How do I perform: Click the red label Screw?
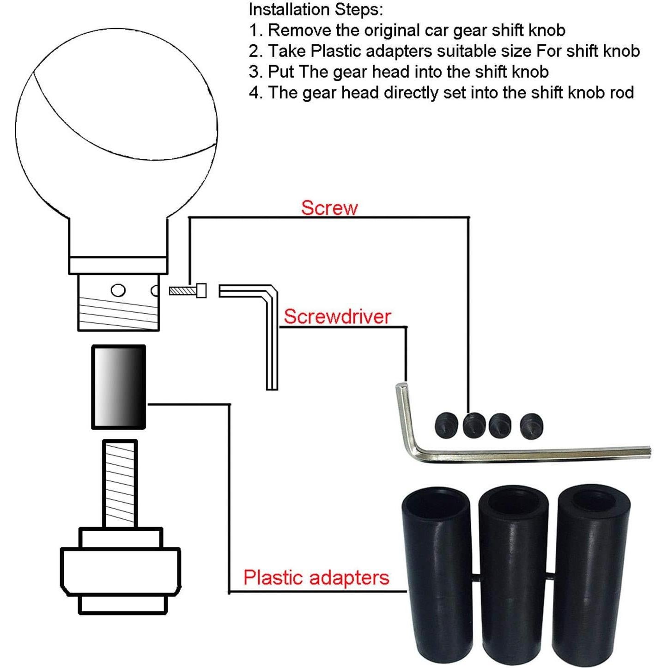pyautogui.click(x=329, y=208)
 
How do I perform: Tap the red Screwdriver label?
pyautogui.click(x=337, y=316)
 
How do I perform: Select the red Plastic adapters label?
pyautogui.click(x=316, y=577)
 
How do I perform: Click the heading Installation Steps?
pyautogui.click(x=316, y=10)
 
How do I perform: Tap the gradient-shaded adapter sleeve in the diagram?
pyautogui.click(x=119, y=387)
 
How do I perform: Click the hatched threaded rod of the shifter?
pyautogui.click(x=120, y=484)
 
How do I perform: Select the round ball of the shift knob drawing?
pyautogui.click(x=116, y=128)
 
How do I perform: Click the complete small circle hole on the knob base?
pyautogui.click(x=118, y=290)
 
